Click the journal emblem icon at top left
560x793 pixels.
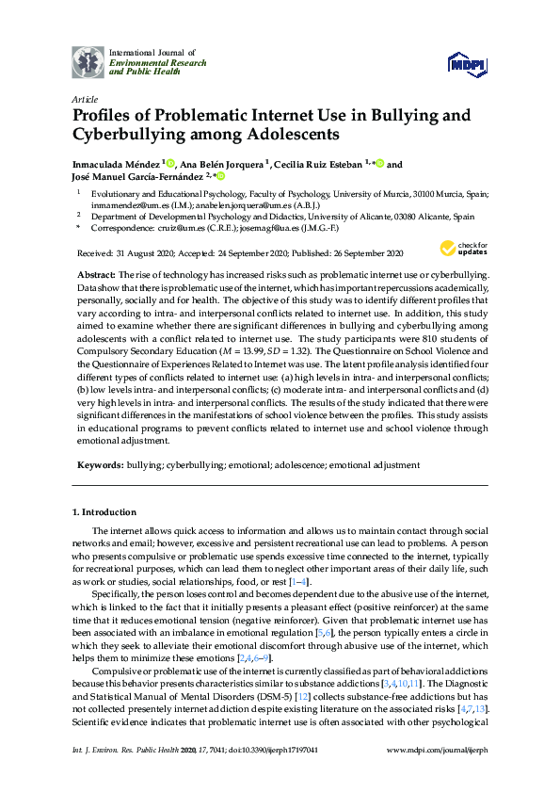[x=88, y=62]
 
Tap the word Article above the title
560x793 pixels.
[x=84, y=98]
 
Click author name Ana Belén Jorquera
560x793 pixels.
[x=223, y=165]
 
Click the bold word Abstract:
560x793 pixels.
[x=97, y=274]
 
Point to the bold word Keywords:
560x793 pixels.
[x=100, y=465]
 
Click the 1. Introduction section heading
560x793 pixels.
[x=104, y=512]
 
